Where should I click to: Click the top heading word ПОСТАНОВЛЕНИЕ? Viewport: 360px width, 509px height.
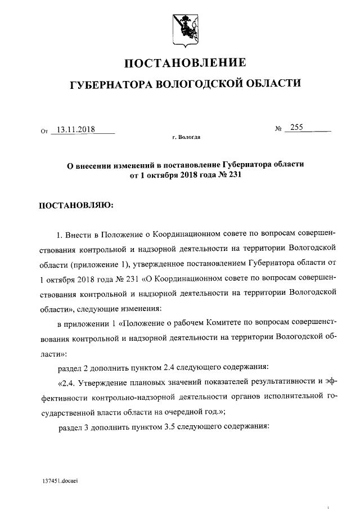click(184, 62)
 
